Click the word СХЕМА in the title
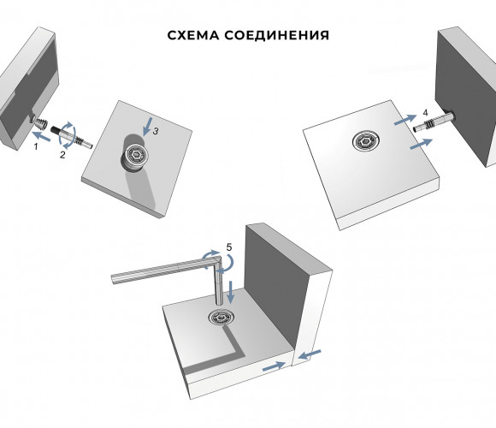tap(193, 35)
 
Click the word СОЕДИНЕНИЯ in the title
tap(277, 35)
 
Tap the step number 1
tap(36, 146)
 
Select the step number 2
tap(62, 155)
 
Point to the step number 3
tap(156, 131)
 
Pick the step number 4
tap(425, 113)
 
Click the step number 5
tap(229, 247)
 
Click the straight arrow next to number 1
tap(41, 137)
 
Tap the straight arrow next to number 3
tap(147, 127)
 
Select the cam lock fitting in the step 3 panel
tap(136, 156)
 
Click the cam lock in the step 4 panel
tap(366, 140)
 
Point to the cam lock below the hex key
tap(221, 317)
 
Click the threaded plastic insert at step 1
tap(39, 122)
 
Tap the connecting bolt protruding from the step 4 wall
tap(434, 122)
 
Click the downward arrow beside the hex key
tap(231, 292)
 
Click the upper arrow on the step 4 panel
tap(405, 120)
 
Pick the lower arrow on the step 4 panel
tap(421, 144)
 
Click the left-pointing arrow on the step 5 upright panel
tap(310, 354)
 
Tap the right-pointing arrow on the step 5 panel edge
tap(274, 366)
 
